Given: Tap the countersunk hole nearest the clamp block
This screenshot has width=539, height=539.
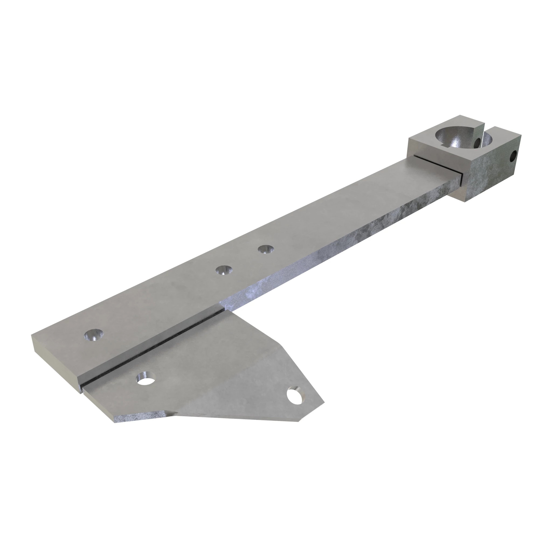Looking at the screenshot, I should coord(265,249).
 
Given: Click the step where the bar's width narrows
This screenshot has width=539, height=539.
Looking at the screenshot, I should coord(223,307).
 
